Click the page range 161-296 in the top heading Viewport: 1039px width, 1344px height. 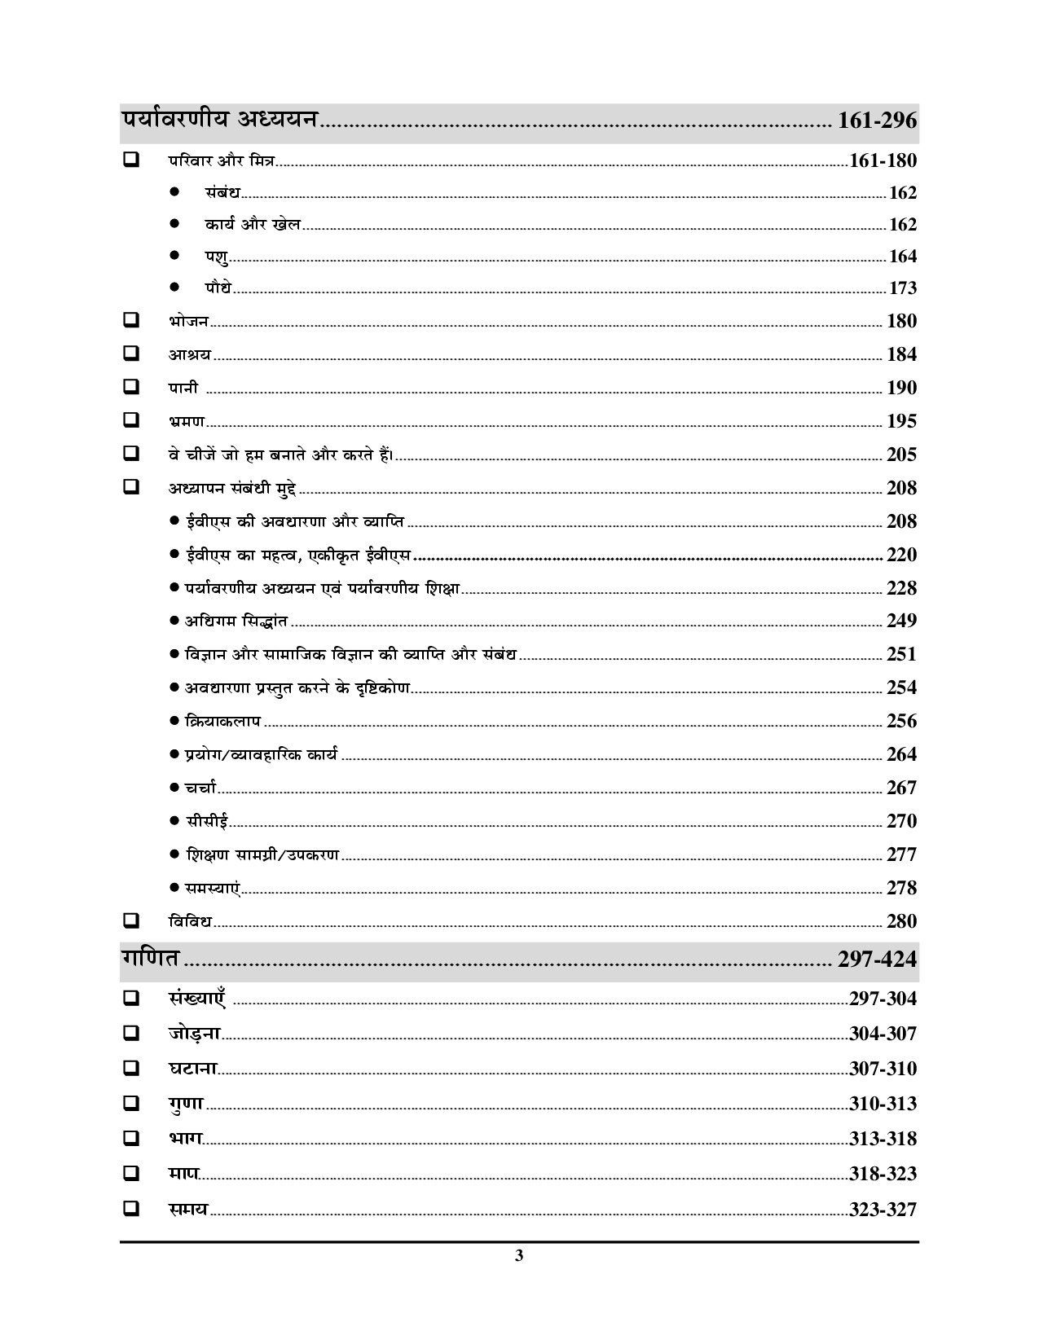(877, 121)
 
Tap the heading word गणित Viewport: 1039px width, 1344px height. (150, 958)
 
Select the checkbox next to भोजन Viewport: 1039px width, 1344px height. (130, 320)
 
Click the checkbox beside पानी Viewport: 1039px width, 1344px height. (130, 387)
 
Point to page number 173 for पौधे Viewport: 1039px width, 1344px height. (902, 288)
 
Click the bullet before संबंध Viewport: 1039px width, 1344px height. (174, 192)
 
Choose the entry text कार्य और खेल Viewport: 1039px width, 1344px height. (253, 224)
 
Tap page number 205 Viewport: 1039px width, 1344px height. (901, 455)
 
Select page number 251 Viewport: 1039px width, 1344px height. (901, 654)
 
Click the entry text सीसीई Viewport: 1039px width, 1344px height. (207, 821)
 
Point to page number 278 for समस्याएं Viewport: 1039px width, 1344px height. (901, 888)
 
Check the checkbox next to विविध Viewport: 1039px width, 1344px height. (130, 921)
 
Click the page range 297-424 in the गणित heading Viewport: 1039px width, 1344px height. (877, 960)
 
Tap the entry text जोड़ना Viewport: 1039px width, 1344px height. (195, 1033)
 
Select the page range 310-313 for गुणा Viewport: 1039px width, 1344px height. (883, 1104)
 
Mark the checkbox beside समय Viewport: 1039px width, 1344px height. (130, 1209)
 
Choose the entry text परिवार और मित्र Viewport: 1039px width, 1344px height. (222, 160)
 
